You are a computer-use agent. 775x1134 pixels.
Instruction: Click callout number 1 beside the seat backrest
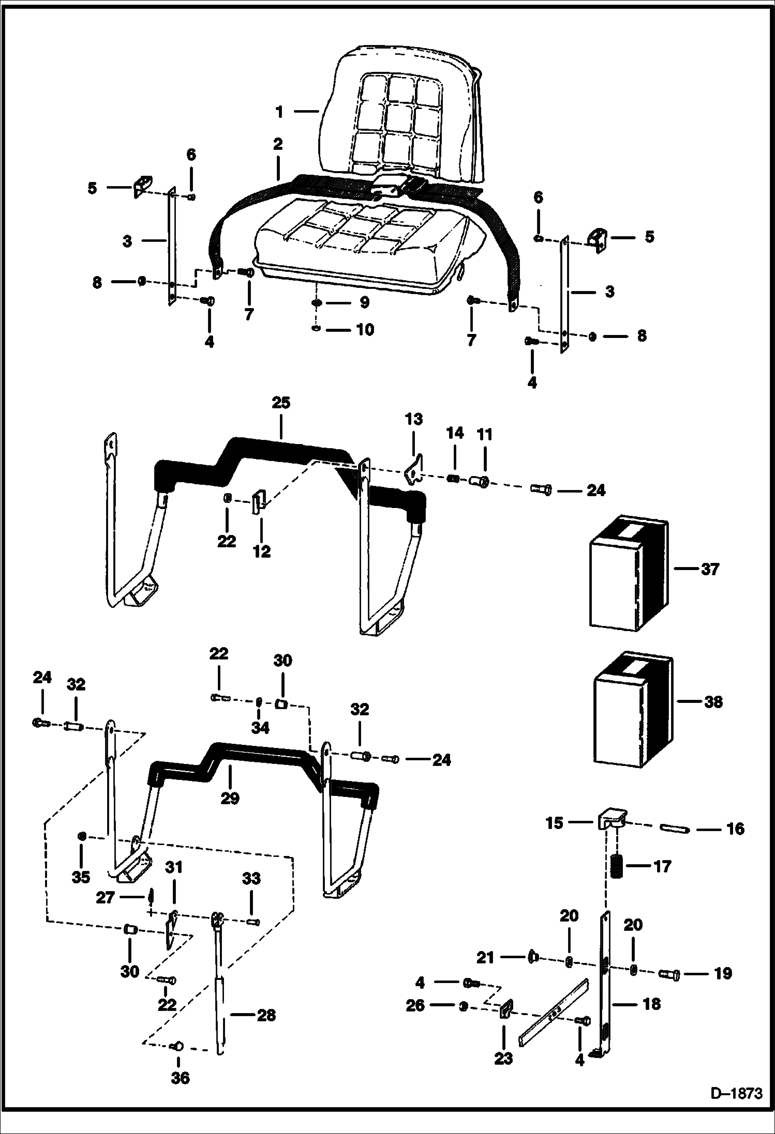[279, 111]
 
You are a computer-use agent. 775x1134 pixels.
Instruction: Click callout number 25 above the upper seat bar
[281, 403]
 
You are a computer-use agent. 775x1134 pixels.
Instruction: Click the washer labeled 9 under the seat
[316, 302]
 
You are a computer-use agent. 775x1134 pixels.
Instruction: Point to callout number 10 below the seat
[365, 329]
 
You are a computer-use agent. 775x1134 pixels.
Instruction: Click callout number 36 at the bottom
[180, 1078]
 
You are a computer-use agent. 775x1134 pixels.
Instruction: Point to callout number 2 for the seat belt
[278, 144]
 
